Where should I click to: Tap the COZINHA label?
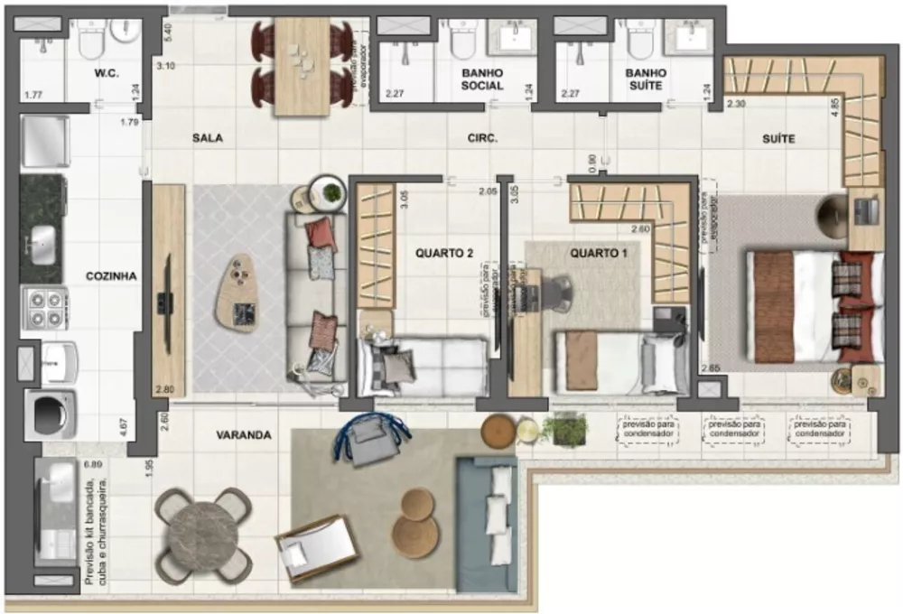pyautogui.click(x=110, y=277)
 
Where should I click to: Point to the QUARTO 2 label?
pyautogui.click(x=444, y=254)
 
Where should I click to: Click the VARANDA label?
pyautogui.click(x=243, y=434)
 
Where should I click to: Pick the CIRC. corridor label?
pyautogui.click(x=483, y=139)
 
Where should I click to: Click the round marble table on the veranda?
pyautogui.click(x=201, y=534)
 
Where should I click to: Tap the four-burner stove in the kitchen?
pyautogui.click(x=44, y=309)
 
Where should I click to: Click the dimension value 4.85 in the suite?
pyautogui.click(x=835, y=105)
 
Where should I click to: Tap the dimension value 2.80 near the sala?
pyautogui.click(x=163, y=389)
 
